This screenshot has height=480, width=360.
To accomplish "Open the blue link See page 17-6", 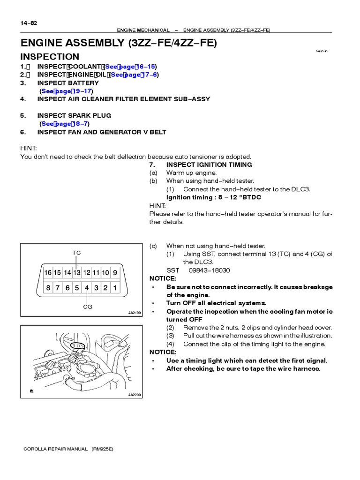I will (x=134, y=75).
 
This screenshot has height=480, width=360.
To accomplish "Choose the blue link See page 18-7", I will (x=64, y=124).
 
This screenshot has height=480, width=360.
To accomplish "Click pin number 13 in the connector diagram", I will (x=76, y=272).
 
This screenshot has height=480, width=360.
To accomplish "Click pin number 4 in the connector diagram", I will (x=87, y=287).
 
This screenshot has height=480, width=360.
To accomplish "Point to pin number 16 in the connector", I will (x=48, y=272).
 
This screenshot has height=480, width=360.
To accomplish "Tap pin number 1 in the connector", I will (x=115, y=287).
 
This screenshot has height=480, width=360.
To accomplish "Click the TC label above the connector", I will (x=76, y=253).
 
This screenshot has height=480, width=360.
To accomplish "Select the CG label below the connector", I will (x=88, y=307).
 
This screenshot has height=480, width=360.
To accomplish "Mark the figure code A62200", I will (x=134, y=395).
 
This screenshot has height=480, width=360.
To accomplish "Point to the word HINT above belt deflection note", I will (x=29, y=148).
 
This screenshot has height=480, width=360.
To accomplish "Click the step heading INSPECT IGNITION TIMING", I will (x=209, y=165).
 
